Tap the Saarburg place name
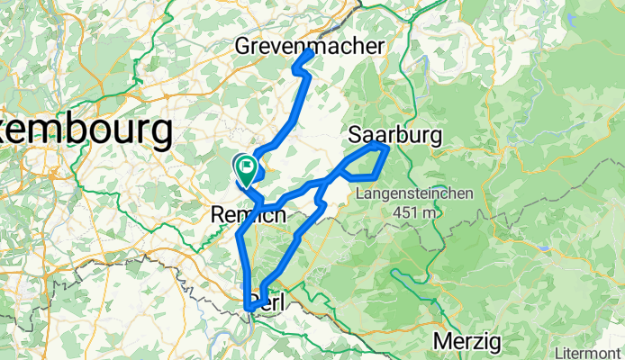pos(394,135)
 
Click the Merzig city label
pos(466,342)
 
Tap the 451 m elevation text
pos(411,211)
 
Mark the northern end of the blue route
pos(310,53)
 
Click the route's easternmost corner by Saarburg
pos(386,146)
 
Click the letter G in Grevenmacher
pos(243,45)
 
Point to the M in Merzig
pos(441,342)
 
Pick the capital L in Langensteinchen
pos(360,193)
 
